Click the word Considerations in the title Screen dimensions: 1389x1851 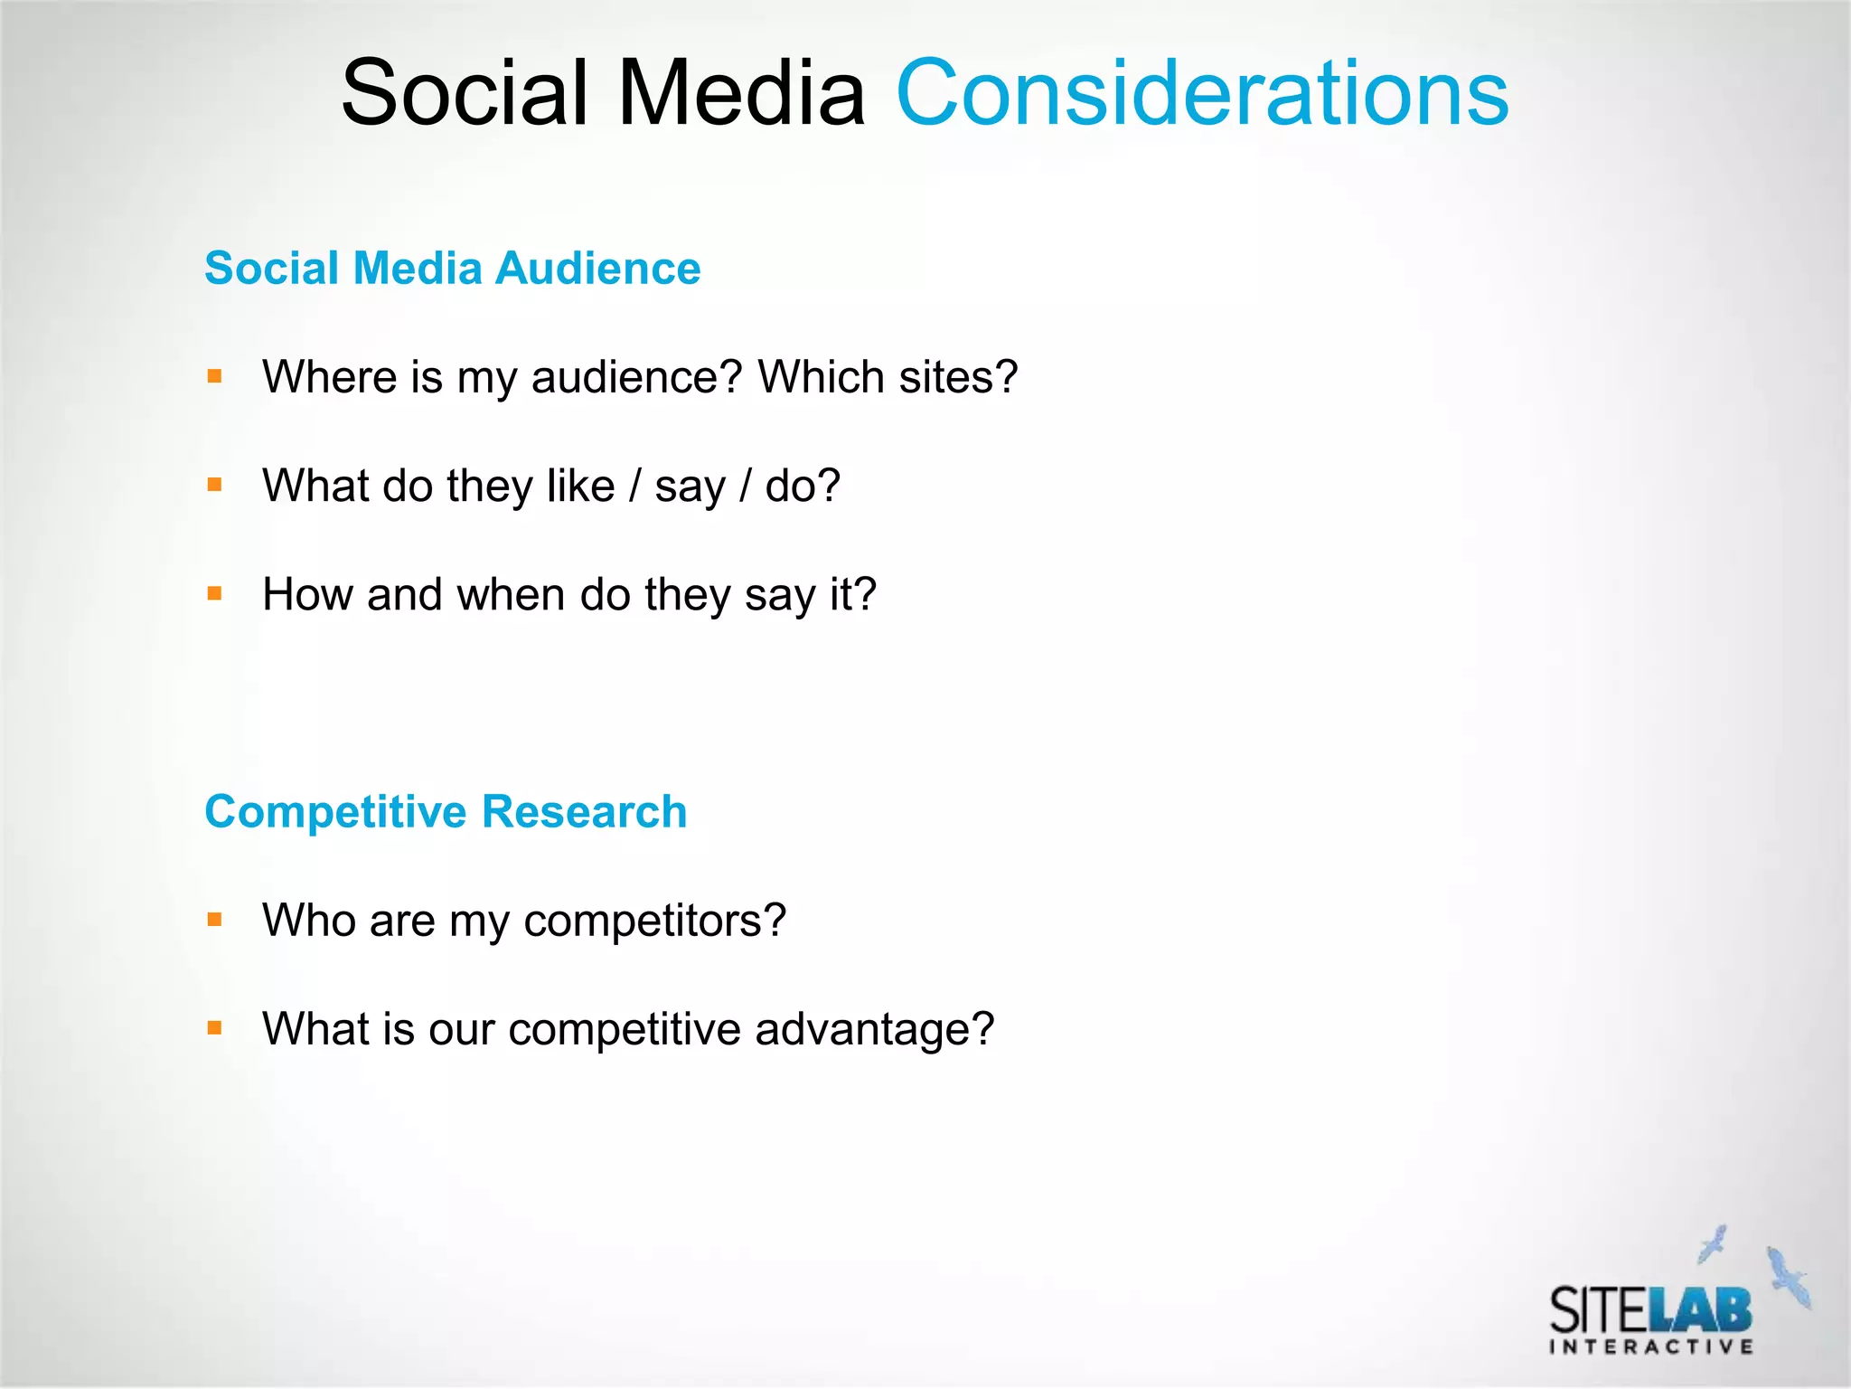click(1202, 92)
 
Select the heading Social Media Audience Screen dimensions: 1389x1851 click(452, 268)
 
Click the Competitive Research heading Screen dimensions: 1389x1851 click(446, 811)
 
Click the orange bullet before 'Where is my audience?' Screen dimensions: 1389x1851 click(214, 376)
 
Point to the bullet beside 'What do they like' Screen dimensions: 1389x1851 click(214, 486)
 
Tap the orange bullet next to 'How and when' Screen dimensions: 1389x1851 click(214, 594)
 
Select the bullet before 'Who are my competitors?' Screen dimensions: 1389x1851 click(214, 921)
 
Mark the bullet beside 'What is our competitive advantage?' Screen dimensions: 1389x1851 click(214, 1028)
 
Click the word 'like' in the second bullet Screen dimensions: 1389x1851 click(580, 486)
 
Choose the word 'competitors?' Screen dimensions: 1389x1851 click(654, 921)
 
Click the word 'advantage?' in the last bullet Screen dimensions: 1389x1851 click(874, 1029)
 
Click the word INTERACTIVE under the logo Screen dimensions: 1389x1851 click(1651, 1347)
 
